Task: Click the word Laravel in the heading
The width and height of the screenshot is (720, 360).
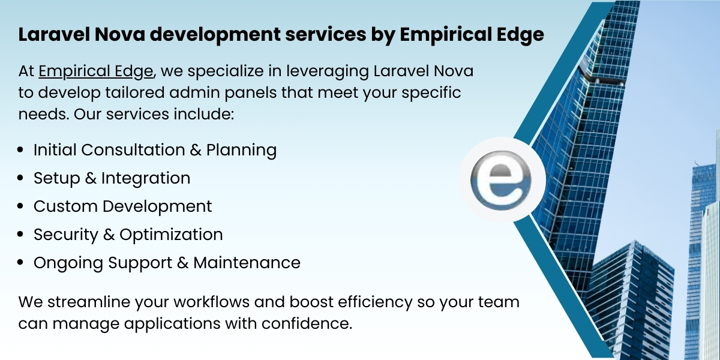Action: [50, 35]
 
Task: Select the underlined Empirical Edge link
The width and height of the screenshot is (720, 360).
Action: [96, 71]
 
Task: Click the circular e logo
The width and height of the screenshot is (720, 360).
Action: [502, 179]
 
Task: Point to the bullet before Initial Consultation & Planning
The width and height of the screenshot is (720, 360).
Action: [21, 150]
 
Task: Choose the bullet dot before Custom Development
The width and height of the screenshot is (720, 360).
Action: [21, 207]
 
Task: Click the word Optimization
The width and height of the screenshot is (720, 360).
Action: [171, 235]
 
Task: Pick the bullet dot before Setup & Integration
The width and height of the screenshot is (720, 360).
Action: [21, 179]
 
